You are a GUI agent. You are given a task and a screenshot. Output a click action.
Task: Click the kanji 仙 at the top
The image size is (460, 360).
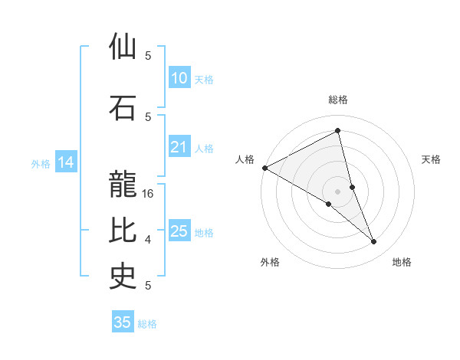click(123, 47)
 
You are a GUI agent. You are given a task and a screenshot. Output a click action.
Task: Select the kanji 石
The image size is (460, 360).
click(123, 107)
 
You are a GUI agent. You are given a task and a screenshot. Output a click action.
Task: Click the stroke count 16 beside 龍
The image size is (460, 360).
click(149, 194)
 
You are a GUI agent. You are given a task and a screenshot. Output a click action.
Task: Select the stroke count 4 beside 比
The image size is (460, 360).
click(148, 240)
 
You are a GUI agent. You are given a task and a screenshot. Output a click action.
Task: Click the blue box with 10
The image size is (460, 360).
click(179, 77)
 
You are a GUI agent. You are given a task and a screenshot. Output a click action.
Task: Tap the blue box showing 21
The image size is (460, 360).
click(179, 147)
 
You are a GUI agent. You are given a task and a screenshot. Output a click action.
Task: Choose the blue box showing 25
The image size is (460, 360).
click(179, 231)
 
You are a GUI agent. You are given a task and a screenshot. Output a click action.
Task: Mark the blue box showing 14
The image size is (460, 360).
click(65, 162)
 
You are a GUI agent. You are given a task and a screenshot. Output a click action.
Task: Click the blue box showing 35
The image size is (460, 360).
click(122, 322)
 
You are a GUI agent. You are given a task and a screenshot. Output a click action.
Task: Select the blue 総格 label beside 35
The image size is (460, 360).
click(147, 324)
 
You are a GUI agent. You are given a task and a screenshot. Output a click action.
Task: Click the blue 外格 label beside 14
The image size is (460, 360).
click(40, 163)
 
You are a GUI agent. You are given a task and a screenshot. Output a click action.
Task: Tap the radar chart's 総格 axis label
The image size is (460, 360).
click(338, 100)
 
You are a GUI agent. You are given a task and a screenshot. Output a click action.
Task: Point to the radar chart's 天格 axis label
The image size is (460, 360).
click(432, 159)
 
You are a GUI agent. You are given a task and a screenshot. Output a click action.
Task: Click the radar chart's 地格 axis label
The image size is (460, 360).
click(402, 262)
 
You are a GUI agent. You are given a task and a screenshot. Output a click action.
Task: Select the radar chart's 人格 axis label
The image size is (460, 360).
click(245, 159)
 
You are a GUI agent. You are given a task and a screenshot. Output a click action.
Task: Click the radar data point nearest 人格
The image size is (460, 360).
click(264, 168)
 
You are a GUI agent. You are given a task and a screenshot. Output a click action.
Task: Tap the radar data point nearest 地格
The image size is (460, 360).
click(374, 242)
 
